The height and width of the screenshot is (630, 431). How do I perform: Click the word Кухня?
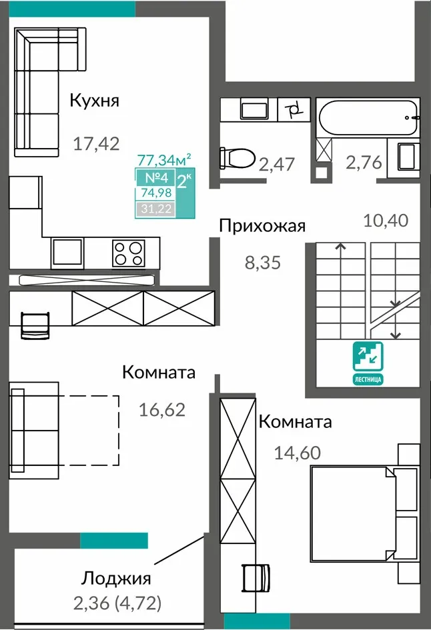[x=95, y=101]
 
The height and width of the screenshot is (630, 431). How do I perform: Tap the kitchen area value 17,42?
[x=97, y=143]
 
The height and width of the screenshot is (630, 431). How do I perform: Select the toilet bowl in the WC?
[x=238, y=157]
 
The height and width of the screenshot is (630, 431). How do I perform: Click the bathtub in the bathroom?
[x=368, y=117]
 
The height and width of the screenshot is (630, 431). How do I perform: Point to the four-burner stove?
[x=129, y=253]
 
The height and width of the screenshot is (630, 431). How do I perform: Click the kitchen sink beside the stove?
[x=67, y=252]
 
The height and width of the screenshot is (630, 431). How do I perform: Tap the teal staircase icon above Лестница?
[x=368, y=357]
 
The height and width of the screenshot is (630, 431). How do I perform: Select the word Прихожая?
[x=262, y=226]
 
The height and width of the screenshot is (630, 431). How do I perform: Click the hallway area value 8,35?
[x=263, y=263]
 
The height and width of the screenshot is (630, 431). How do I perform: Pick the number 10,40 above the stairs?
[x=386, y=221]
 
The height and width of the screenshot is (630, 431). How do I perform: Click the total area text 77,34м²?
[x=164, y=160]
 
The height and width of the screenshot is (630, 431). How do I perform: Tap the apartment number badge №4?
[x=155, y=177]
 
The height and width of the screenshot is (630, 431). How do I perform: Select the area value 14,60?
[x=298, y=453]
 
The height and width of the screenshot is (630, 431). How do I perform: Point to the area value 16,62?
[x=162, y=410]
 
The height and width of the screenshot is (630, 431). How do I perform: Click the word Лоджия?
[x=116, y=579]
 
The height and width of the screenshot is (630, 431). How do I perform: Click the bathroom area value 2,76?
[x=364, y=163]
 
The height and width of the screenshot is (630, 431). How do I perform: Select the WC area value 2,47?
[x=277, y=164]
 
